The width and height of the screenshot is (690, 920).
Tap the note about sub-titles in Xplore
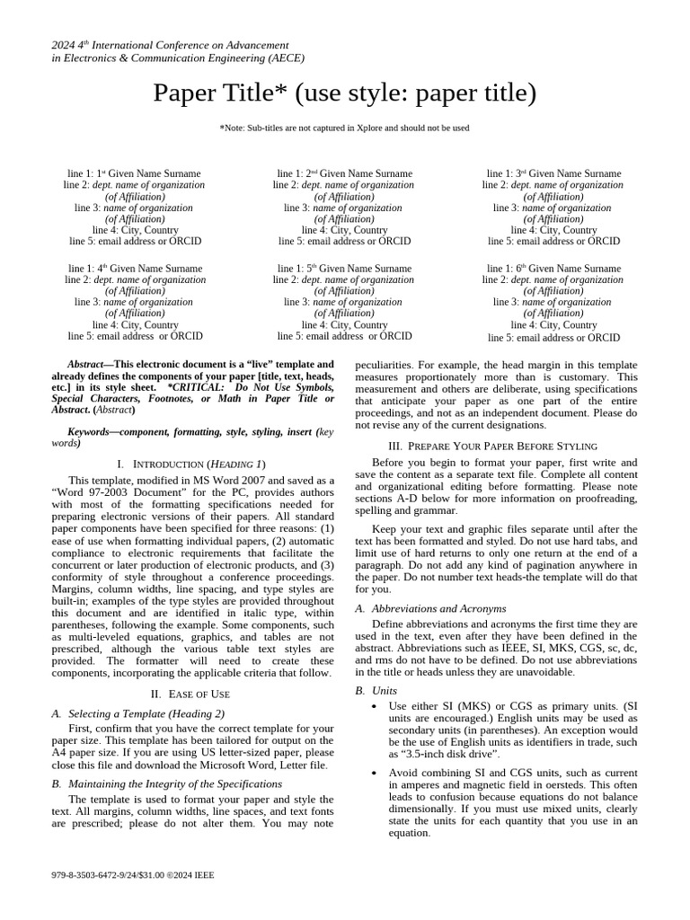[344, 128]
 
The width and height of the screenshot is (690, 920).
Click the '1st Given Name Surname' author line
[135, 173]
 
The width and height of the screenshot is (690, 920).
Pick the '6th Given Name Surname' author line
[553, 269]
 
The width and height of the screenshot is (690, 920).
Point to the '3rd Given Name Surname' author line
[553, 173]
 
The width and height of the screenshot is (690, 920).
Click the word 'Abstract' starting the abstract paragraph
[90, 364]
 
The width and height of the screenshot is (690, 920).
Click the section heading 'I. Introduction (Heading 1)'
[192, 464]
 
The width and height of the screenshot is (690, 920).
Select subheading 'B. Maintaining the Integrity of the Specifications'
[168, 783]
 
